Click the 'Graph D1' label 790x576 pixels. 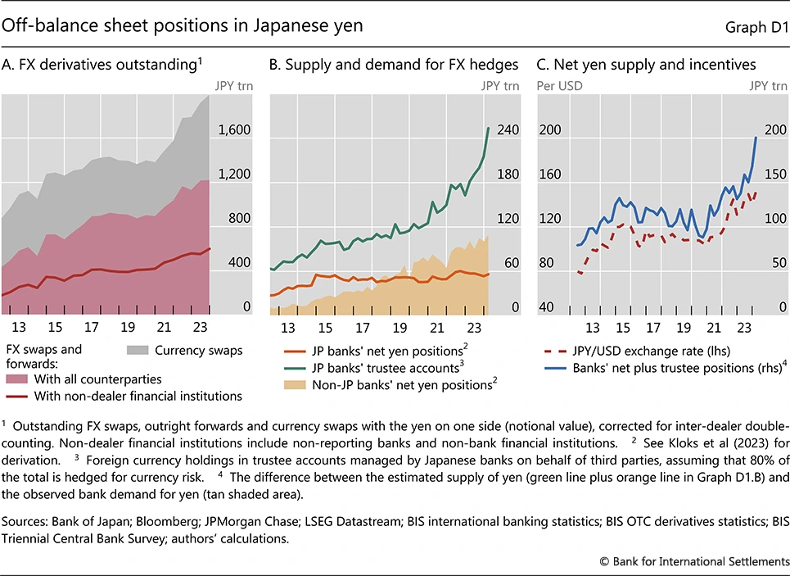pos(754,27)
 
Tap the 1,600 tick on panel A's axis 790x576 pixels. pos(232,130)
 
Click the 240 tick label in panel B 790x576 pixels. pos(509,130)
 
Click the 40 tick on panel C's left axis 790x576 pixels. pos(548,307)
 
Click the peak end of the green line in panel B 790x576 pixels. pos(489,128)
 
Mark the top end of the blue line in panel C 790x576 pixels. pos(756,138)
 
